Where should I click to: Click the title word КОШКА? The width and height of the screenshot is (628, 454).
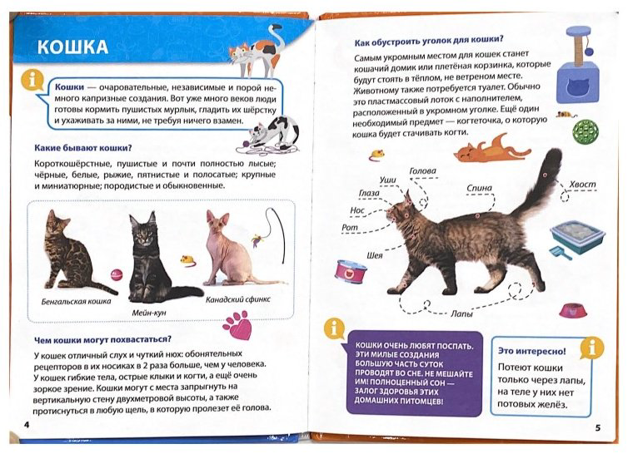click(73, 47)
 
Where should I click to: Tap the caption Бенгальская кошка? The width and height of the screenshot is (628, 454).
click(76, 301)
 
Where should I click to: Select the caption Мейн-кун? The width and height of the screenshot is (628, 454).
click(149, 313)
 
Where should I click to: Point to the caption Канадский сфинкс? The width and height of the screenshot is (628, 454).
click(238, 299)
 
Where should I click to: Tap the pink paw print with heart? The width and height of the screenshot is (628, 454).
click(237, 326)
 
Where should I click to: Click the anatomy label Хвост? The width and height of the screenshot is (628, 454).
click(582, 185)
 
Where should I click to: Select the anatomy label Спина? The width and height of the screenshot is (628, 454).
click(479, 188)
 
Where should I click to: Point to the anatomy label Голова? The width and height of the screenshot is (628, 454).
click(422, 171)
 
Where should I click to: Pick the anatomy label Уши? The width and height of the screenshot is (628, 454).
click(387, 180)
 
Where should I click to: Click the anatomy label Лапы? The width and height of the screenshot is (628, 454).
click(461, 314)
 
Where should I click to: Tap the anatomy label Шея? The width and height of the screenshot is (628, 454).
click(375, 255)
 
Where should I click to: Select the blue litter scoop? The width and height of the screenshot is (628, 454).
click(561, 253)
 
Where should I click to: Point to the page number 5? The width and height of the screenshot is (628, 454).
click(597, 428)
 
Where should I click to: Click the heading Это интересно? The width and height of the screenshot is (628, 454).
click(532, 351)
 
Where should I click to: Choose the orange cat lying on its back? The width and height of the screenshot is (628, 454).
click(492, 149)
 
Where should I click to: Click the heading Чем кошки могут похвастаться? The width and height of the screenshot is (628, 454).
click(103, 339)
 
